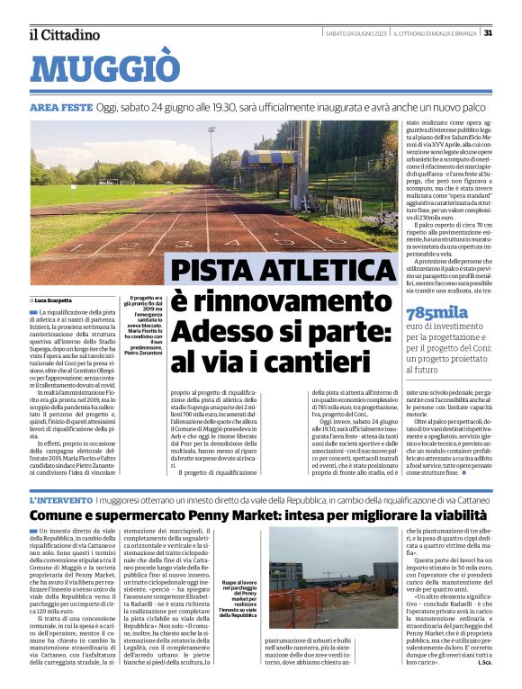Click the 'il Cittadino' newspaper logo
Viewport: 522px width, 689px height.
tap(64, 34)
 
